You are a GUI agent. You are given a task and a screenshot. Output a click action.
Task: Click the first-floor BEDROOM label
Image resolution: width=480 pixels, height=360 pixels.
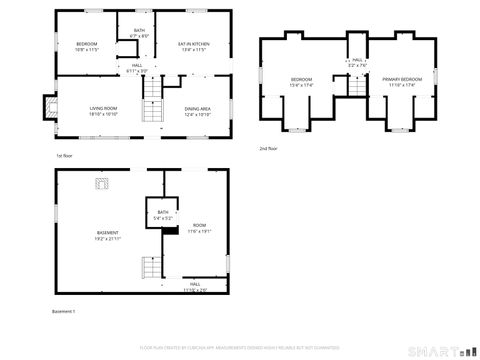click(x=86, y=46)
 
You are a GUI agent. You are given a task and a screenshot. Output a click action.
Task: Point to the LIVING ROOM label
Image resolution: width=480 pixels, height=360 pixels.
click(x=103, y=110)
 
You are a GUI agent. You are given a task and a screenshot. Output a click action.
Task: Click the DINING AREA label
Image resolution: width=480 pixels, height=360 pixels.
click(x=197, y=110)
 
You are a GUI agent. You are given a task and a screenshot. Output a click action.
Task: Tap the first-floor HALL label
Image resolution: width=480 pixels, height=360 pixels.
click(x=137, y=68)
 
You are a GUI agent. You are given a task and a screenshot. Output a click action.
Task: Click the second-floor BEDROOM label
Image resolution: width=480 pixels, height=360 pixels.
click(x=301, y=81)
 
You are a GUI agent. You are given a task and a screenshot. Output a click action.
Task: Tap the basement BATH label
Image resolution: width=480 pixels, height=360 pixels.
click(x=162, y=214)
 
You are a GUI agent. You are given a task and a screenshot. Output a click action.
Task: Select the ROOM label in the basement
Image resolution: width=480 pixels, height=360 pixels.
click(x=199, y=227)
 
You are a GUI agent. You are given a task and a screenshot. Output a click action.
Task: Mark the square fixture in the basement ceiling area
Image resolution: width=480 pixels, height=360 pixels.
click(x=101, y=182)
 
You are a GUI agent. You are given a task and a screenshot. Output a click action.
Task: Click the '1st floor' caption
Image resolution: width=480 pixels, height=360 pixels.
click(x=65, y=156)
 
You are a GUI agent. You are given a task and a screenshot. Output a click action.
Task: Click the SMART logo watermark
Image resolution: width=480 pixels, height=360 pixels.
click(x=441, y=350)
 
